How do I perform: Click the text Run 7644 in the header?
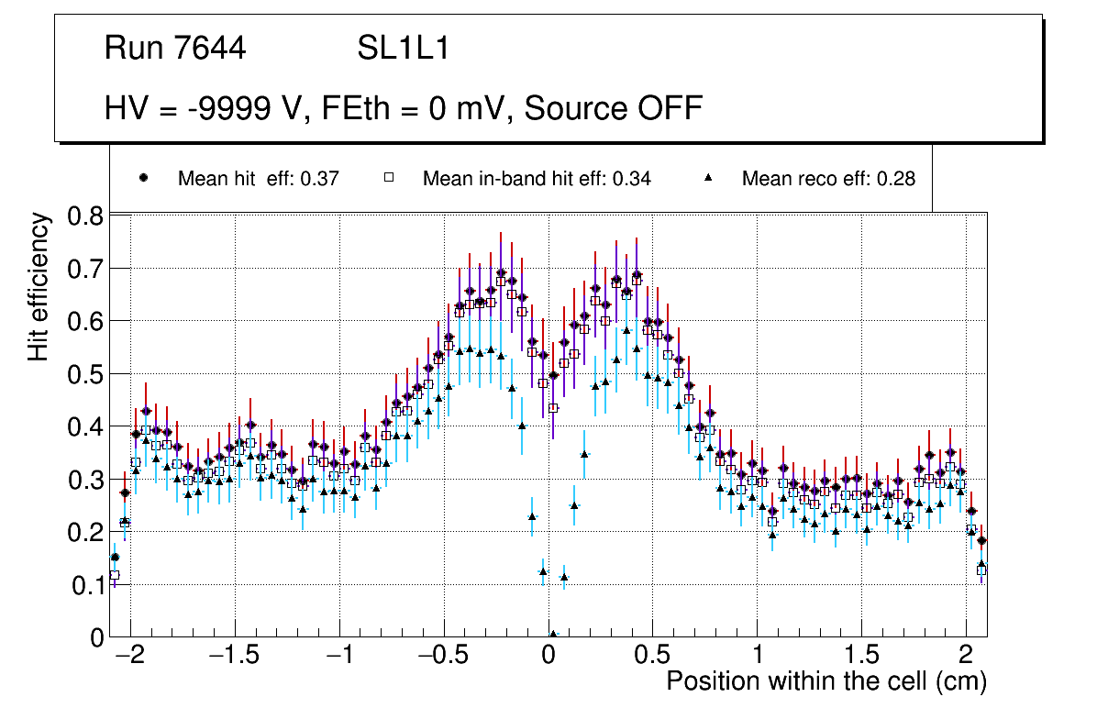[x=175, y=49]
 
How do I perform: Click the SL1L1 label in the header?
[x=404, y=49]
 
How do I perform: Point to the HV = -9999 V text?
[x=201, y=109]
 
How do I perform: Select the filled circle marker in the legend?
[x=143, y=178]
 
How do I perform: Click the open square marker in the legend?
[x=388, y=178]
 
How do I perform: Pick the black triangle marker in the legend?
[x=708, y=178]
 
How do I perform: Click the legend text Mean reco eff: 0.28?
[x=828, y=179]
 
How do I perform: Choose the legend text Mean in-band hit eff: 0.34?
[x=537, y=179]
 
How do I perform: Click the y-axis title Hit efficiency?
[x=39, y=285]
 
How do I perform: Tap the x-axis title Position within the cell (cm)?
[x=826, y=681]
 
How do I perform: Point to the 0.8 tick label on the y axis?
[x=87, y=216]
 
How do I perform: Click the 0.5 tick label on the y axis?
[x=87, y=374]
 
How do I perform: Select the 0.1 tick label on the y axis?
[x=87, y=585]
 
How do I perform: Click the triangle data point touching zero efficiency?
[x=553, y=634]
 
